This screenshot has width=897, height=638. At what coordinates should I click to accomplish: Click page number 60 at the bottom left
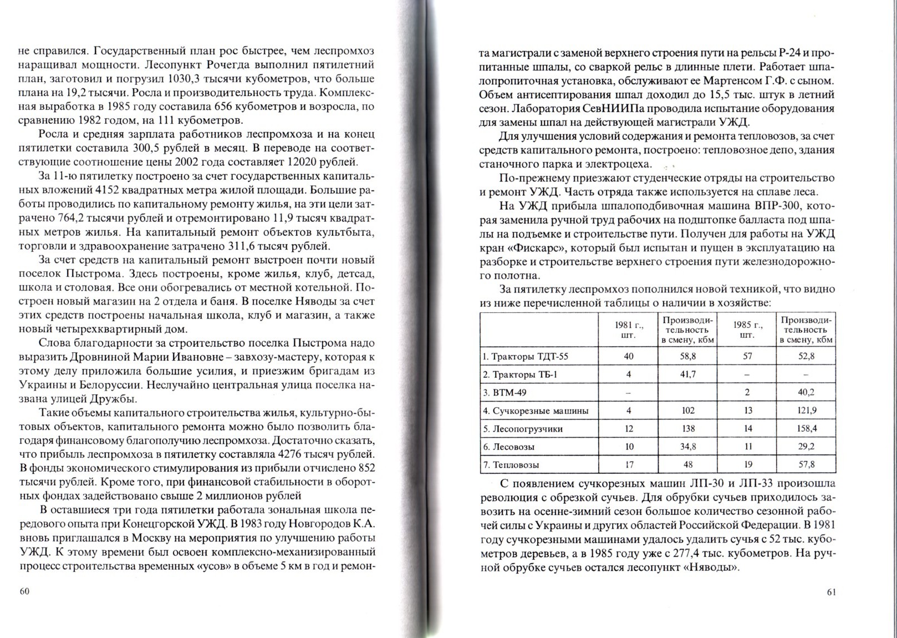pyautogui.click(x=24, y=591)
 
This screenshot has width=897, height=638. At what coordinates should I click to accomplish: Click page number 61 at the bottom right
pyautogui.click(x=831, y=591)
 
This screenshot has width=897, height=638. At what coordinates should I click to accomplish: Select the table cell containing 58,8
pyautogui.click(x=687, y=356)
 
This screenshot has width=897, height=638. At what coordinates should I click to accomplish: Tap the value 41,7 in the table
pyautogui.click(x=687, y=374)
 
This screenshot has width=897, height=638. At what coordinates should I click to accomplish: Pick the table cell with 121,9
pyautogui.click(x=806, y=411)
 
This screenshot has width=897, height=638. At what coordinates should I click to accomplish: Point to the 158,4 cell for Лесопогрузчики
pyautogui.click(x=806, y=428)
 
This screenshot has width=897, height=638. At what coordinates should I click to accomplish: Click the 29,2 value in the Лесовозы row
pyautogui.click(x=806, y=447)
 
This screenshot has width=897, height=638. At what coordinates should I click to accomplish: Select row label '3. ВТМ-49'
pyautogui.click(x=505, y=392)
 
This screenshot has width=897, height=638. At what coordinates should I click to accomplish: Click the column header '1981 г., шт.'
pyautogui.click(x=628, y=330)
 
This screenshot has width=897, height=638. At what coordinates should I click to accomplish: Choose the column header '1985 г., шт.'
pyautogui.click(x=747, y=330)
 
